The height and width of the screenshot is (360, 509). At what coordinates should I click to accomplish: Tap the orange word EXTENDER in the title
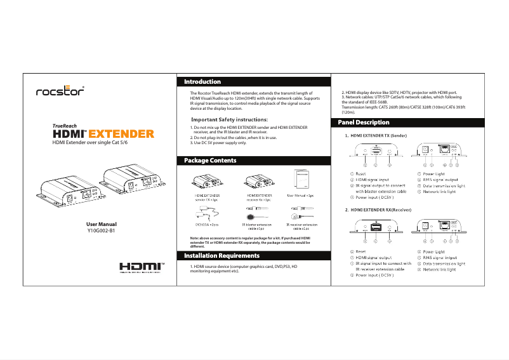[121, 134]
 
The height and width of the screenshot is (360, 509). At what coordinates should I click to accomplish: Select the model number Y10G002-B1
[102, 231]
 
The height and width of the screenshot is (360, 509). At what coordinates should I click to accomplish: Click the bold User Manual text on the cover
[102, 224]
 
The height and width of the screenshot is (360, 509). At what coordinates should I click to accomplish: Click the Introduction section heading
[202, 82]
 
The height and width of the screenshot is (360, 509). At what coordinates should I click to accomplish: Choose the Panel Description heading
[364, 122]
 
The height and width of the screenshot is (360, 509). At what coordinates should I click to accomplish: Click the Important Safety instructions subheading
[229, 119]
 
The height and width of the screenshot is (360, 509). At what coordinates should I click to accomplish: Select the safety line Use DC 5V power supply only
[218, 143]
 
